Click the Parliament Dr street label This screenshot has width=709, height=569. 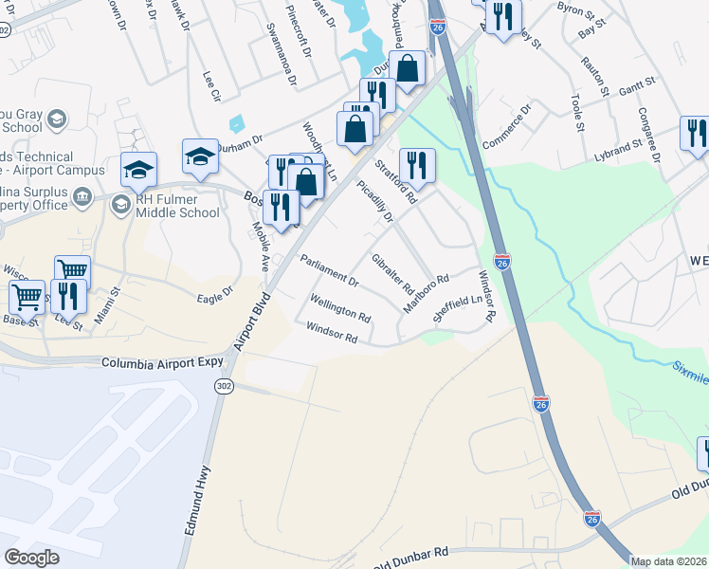(329, 270)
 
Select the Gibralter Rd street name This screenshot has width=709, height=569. (392, 273)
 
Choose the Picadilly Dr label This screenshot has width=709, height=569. (374, 203)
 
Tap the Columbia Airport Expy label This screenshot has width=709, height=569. (161, 362)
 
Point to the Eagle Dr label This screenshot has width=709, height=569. (214, 297)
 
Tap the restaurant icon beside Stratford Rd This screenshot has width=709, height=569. (417, 165)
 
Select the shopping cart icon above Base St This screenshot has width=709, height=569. (27, 296)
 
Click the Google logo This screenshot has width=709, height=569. (31, 557)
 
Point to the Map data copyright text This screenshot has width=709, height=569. (669, 561)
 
